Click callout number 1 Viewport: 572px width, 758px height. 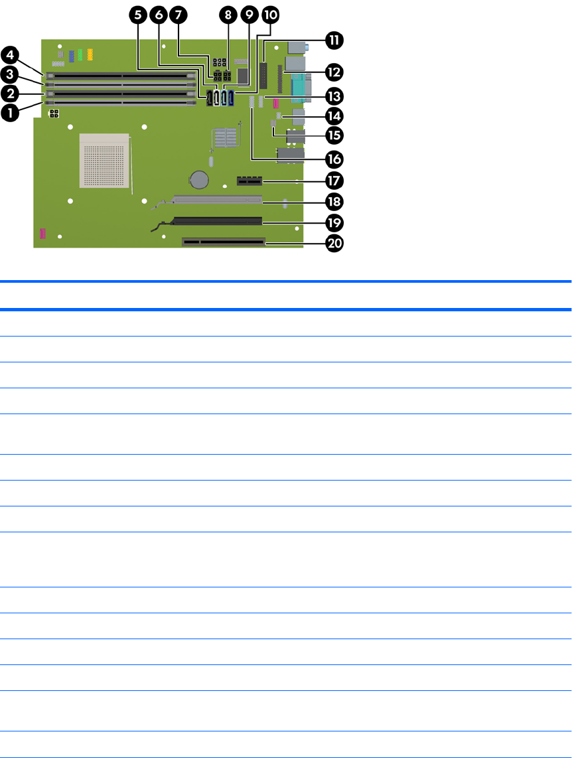coord(10,114)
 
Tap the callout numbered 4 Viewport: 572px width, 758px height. coord(10,53)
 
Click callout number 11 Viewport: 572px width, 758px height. coord(332,40)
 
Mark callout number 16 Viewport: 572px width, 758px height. coord(332,158)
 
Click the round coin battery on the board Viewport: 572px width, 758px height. coord(198,178)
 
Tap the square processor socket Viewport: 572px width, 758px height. coord(106,159)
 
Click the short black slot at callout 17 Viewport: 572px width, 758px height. coord(248,179)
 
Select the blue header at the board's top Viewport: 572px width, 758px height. coord(70,52)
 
